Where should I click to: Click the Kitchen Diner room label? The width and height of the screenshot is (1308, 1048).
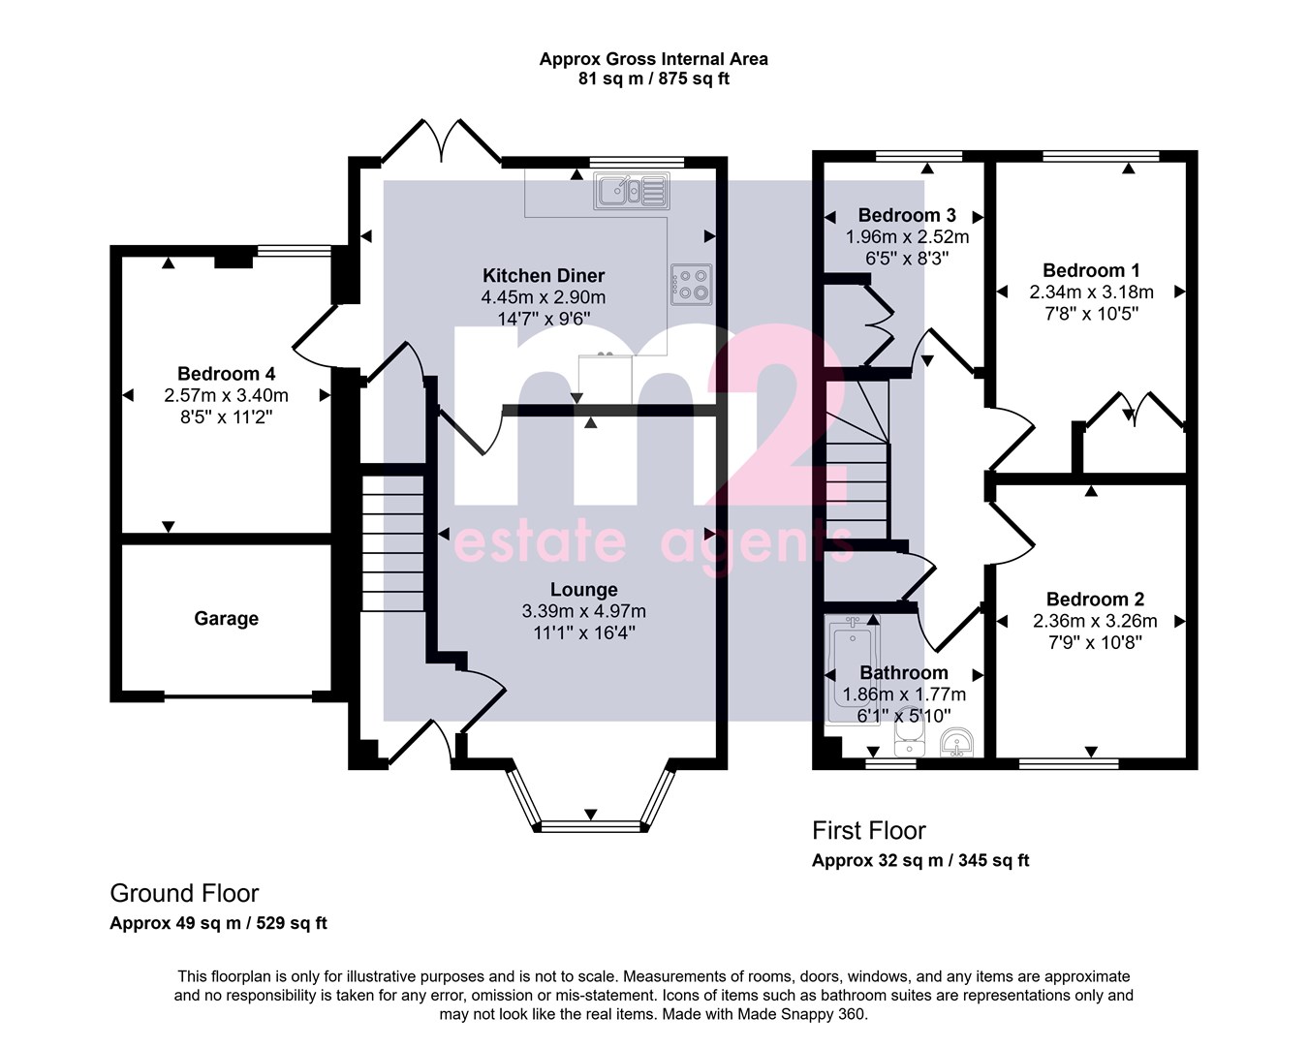(x=544, y=276)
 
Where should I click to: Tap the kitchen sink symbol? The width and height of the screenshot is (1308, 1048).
(x=632, y=191)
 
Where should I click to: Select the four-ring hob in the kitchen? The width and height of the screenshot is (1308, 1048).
(x=692, y=285)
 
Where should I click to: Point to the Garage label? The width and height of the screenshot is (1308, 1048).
(x=226, y=619)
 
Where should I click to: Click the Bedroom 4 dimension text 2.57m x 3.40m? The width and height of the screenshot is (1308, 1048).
(x=226, y=395)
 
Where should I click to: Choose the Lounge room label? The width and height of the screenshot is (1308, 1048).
(x=584, y=589)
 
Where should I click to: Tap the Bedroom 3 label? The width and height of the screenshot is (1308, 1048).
(x=907, y=215)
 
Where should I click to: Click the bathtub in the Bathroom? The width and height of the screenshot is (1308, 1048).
(x=853, y=669)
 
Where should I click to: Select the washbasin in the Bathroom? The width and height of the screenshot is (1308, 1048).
(x=956, y=742)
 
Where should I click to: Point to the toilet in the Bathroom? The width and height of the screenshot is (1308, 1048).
(x=910, y=732)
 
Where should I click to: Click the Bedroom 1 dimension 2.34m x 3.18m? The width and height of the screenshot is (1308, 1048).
(x=1092, y=293)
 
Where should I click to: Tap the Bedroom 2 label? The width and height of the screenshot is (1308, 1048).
(x=1095, y=599)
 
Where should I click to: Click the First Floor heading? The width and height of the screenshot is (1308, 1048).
(x=868, y=830)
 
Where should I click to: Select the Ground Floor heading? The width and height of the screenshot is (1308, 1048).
(x=184, y=893)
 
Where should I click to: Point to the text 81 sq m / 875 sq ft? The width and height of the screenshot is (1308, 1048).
(x=654, y=79)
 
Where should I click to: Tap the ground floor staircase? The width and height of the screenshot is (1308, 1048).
(x=392, y=542)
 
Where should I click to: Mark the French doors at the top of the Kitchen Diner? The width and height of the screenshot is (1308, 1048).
(x=441, y=141)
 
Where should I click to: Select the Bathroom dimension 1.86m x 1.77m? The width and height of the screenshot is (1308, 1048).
(x=904, y=694)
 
